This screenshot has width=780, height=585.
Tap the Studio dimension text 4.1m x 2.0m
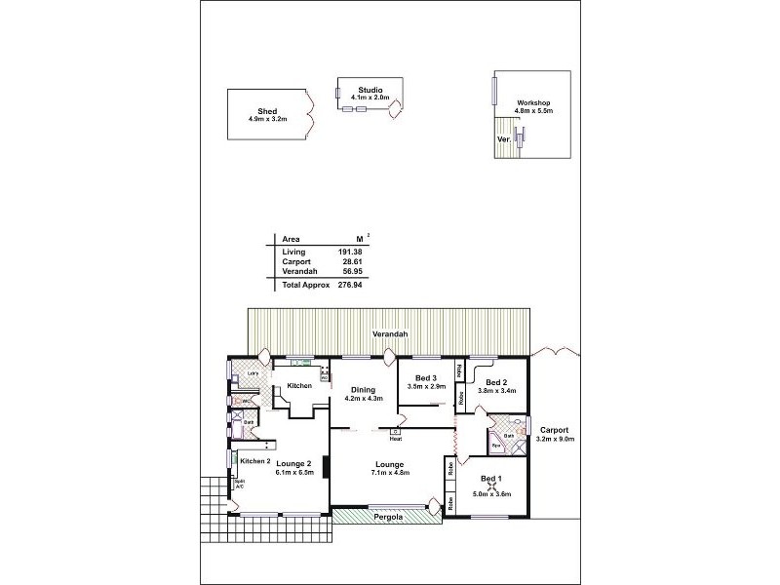[370, 97]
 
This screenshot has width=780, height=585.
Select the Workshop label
[533, 102]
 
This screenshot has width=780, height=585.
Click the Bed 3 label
[425, 377]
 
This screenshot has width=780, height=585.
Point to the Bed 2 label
[496, 382]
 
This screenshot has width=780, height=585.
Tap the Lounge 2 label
[293, 463]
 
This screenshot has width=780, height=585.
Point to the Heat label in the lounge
[395, 439]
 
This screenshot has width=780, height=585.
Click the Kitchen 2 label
[254, 460]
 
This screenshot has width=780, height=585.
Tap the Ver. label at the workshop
[503, 139]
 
